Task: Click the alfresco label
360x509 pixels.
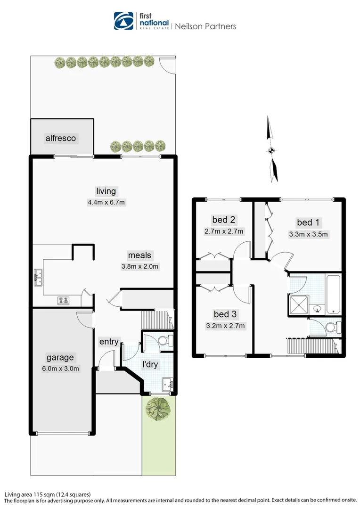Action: coord(61,139)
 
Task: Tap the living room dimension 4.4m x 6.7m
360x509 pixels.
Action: coord(106,203)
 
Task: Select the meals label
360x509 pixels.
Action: coord(140,255)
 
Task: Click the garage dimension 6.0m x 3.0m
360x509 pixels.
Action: coord(60,369)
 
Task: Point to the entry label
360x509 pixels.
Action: coord(109,342)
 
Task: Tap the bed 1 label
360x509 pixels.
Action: coord(308,222)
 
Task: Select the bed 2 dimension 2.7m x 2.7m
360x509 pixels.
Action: coord(224,231)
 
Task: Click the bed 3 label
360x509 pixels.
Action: coord(225,314)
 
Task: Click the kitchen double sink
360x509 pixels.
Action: coord(38,278)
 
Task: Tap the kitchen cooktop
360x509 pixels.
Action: coord(64,300)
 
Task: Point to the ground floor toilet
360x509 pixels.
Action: coord(164,341)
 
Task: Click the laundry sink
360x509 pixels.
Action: coord(166,383)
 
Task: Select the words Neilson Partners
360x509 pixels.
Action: coord(205,26)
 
